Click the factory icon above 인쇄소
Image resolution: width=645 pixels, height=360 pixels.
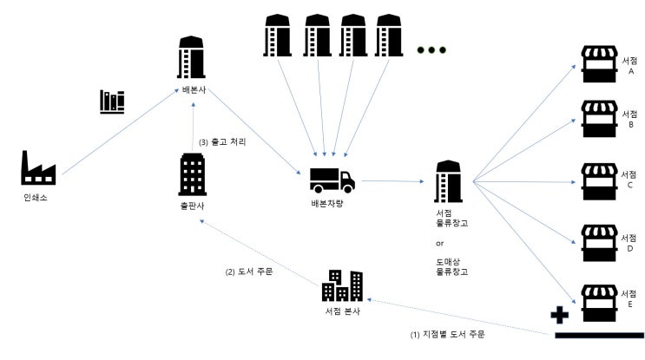38,167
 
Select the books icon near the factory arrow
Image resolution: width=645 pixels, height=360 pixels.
112,102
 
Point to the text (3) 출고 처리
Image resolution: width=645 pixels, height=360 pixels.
224,141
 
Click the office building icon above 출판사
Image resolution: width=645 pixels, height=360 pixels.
192,174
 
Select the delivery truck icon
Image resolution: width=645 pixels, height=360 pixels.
332,180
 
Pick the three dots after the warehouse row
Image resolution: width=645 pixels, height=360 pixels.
431,49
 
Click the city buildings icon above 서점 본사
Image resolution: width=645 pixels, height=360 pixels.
342,285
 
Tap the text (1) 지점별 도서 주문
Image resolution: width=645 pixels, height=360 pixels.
448,333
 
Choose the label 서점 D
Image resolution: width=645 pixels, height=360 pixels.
629,240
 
